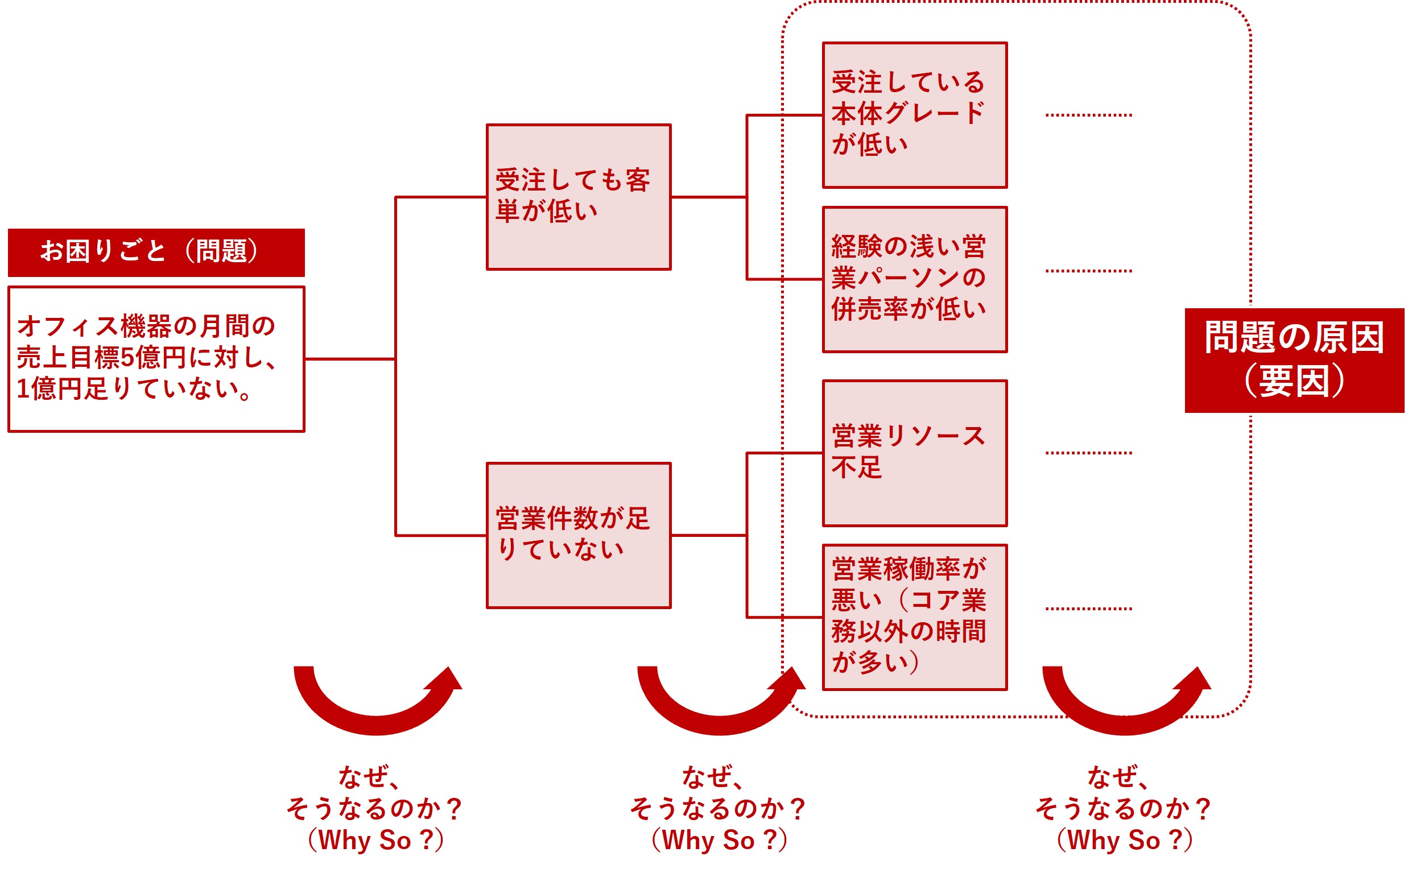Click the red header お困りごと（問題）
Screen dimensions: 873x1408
(156, 253)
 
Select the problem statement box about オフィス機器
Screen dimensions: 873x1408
(156, 358)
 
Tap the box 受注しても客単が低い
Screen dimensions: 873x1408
(578, 197)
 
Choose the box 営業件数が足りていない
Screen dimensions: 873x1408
(578, 535)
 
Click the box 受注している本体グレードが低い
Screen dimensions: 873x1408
(914, 115)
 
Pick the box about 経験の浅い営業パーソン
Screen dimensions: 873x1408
(914, 279)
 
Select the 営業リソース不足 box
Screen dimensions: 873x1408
(914, 453)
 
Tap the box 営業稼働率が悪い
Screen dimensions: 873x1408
(914, 617)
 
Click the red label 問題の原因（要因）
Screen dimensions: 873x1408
(1294, 360)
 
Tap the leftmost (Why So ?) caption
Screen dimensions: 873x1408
(375, 840)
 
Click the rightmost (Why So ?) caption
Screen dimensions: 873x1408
(1125, 840)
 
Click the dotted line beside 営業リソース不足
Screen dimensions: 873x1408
(1088, 453)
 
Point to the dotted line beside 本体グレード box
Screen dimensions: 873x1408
(1088, 115)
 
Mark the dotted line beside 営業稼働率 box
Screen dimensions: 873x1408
(1088, 609)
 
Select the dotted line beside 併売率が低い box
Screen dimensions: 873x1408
(1088, 271)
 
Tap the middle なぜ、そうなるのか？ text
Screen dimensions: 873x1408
(718, 793)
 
